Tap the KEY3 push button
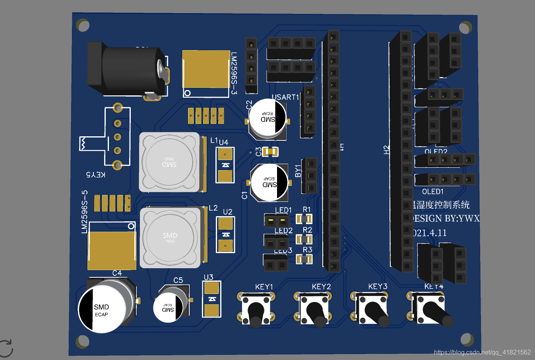pyautogui.click(x=371, y=308)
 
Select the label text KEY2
pyautogui.click(x=321, y=286)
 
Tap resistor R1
pyautogui.click(x=304, y=219)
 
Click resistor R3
pyautogui.click(x=304, y=259)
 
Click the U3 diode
pyautogui.click(x=211, y=299)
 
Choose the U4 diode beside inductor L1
pyautogui.click(x=225, y=165)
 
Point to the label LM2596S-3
pyautogui.click(x=234, y=74)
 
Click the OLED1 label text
pyautogui.click(x=432, y=192)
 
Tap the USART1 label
pyautogui.click(x=285, y=97)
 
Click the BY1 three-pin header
pyautogui.click(x=310, y=175)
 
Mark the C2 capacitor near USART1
pyautogui.click(x=267, y=119)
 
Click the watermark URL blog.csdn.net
pyautogui.click(x=482, y=352)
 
